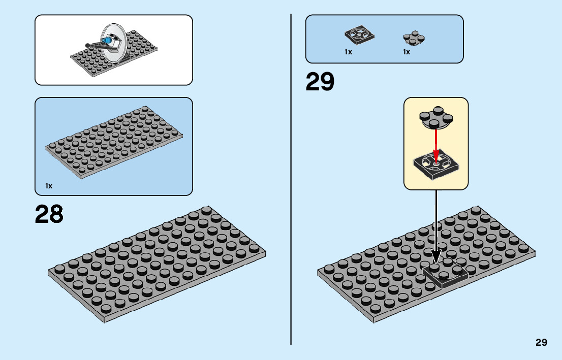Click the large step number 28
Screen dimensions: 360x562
49,214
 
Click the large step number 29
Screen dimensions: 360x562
320,82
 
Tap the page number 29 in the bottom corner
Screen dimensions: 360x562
541,342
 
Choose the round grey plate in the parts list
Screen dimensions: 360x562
414,38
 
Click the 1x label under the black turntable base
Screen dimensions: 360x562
348,52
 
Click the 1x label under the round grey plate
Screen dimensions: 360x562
407,52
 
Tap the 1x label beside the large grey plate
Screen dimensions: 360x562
49,186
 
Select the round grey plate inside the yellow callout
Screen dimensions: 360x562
435,117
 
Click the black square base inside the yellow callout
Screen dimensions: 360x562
435,165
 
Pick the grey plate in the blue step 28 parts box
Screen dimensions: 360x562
114,142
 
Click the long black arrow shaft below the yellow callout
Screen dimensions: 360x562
436,218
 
